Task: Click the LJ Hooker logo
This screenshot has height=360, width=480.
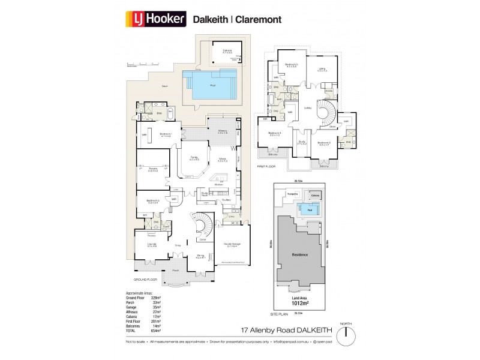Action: coord(157,18)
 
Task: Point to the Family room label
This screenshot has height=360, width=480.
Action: coord(194,158)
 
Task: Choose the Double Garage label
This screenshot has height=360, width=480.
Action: coord(232,245)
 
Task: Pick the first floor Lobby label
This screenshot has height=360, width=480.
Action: coord(308,108)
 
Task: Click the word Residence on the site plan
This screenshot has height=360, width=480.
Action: coord(299,254)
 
